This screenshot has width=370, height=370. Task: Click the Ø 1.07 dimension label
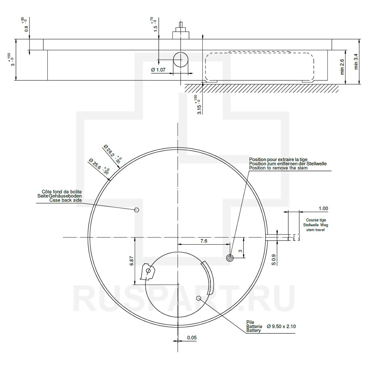click(x=158, y=70)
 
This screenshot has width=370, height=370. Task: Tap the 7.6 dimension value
click(x=203, y=241)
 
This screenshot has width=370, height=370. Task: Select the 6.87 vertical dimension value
click(x=132, y=261)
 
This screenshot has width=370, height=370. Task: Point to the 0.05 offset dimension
click(x=192, y=338)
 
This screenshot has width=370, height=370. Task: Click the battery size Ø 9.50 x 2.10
click(x=281, y=326)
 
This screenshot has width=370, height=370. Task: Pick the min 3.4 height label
click(x=356, y=61)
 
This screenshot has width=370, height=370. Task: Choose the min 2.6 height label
click(x=342, y=67)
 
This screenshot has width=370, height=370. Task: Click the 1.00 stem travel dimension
click(x=323, y=208)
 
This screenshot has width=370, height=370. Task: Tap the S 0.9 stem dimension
click(x=273, y=260)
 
